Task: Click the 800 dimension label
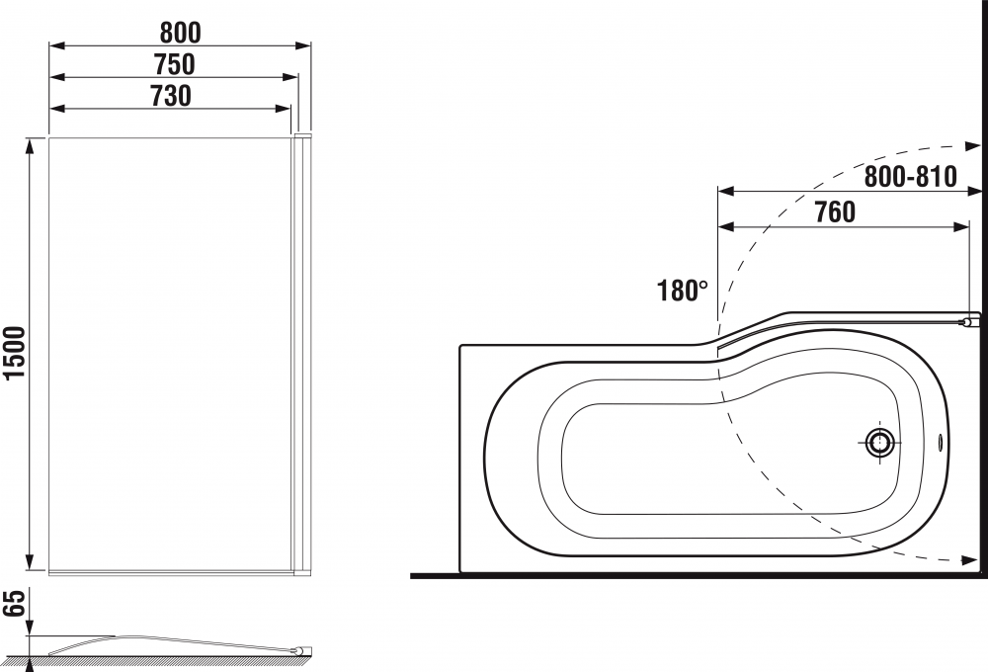pyautogui.click(x=180, y=33)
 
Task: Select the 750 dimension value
pyautogui.click(x=175, y=64)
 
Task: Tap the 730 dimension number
pyautogui.click(x=171, y=96)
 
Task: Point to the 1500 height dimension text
pyautogui.click(x=14, y=353)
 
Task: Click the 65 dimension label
pyautogui.click(x=14, y=603)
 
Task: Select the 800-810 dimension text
pyautogui.click(x=911, y=177)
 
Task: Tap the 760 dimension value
pyautogui.click(x=835, y=212)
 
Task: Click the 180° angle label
pyautogui.click(x=682, y=291)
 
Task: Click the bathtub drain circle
pyautogui.click(x=879, y=443)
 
